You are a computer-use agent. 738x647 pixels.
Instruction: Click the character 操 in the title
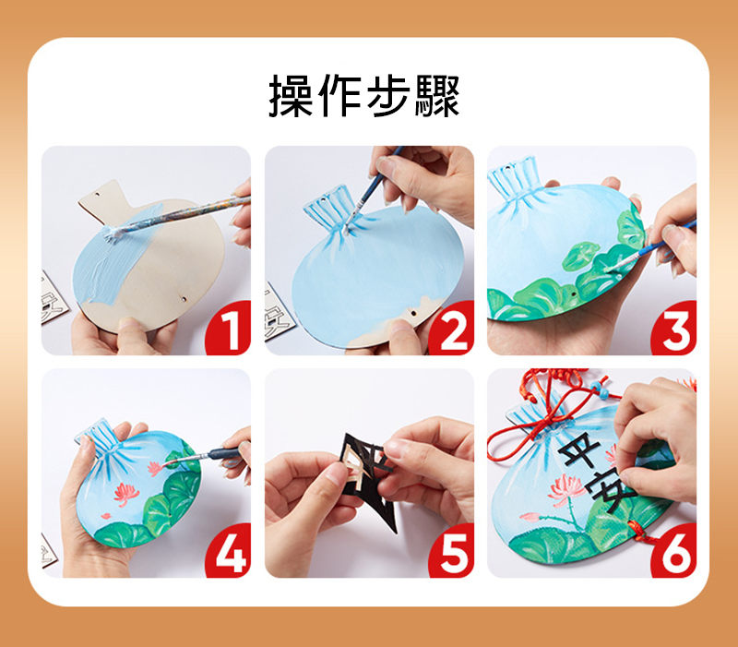click(291, 96)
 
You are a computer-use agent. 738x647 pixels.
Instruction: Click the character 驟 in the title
click(436, 96)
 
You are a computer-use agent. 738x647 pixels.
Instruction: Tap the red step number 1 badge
click(229, 329)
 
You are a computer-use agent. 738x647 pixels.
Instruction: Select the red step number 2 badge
click(452, 329)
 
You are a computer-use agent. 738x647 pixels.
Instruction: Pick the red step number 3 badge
click(675, 329)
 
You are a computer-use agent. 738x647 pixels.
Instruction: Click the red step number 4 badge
click(229, 551)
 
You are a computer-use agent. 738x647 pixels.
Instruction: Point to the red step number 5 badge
click(452, 551)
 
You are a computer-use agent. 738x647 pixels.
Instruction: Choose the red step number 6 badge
click(675, 551)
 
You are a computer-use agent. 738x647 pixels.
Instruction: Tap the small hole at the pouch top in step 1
click(97, 194)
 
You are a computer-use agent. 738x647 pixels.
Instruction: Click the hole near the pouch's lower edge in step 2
click(412, 312)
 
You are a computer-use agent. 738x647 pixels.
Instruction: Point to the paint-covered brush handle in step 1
click(181, 215)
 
